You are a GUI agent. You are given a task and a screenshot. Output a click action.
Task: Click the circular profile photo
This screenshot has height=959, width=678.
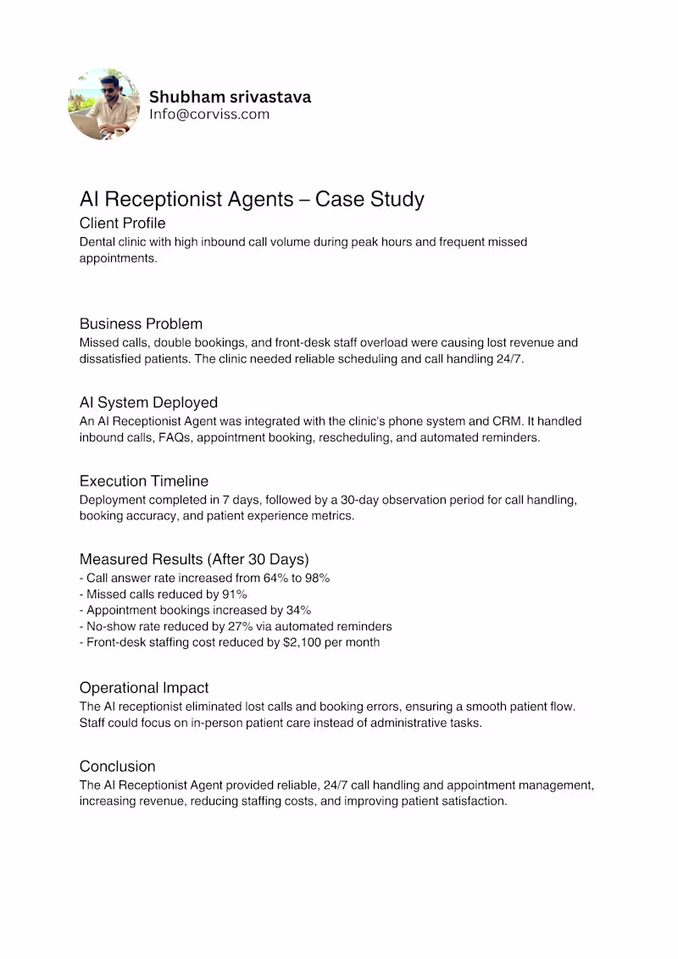tap(103, 105)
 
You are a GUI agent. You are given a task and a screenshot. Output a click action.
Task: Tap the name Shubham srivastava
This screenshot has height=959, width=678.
tap(230, 97)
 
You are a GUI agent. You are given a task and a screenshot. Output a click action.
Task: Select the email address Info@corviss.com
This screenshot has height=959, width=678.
tap(209, 114)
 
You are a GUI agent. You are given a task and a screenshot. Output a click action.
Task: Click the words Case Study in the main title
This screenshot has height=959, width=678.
tap(370, 199)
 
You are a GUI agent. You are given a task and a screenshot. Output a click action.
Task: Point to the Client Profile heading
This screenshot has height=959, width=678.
tap(122, 224)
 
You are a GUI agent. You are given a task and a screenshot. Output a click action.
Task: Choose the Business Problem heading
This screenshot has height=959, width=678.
tap(141, 324)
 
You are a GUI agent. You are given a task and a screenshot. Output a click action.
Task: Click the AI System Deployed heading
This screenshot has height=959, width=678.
tap(148, 402)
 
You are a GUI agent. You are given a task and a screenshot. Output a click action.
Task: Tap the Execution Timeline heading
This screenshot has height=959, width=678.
tap(143, 481)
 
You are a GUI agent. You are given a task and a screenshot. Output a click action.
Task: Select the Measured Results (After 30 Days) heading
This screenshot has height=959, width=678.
tap(194, 559)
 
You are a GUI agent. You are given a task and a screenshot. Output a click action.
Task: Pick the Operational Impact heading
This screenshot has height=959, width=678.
tap(144, 688)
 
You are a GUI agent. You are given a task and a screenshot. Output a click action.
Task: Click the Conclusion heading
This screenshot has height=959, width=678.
tap(117, 767)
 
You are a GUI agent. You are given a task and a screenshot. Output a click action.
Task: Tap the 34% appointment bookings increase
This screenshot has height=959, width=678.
tap(297, 610)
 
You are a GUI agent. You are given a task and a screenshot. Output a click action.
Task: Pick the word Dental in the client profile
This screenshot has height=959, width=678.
tap(97, 242)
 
